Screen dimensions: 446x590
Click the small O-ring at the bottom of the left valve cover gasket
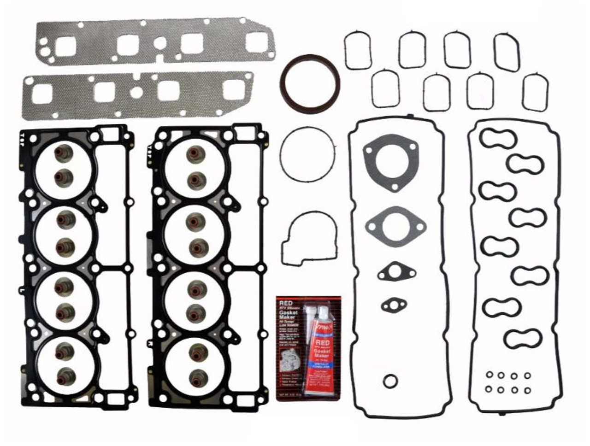coord(390,381)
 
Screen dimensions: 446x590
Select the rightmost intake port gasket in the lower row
coord(536,92)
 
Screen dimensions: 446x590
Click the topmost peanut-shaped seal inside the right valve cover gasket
coord(497,138)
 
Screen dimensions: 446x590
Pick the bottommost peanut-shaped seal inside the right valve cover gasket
coord(522,339)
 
